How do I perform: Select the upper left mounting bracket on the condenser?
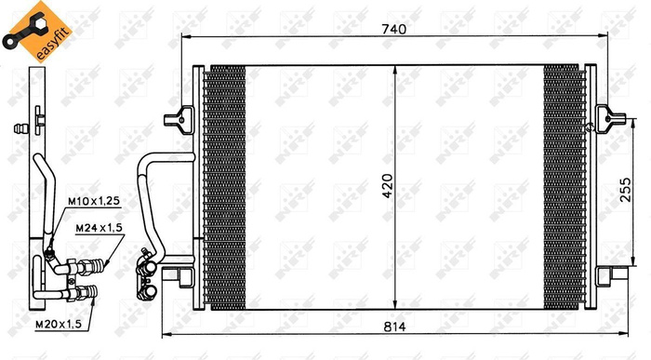point(177,119)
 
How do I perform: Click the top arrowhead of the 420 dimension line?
point(397,72)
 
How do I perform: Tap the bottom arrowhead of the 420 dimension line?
point(397,307)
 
